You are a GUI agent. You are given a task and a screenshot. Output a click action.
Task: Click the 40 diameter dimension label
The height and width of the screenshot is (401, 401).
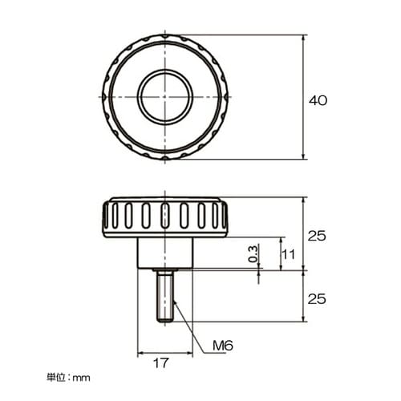coord(318,100)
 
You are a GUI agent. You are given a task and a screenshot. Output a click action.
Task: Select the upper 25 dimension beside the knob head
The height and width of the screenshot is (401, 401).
coord(317,236)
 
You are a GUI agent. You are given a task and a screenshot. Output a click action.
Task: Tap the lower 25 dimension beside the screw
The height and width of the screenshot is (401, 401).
coord(317,299)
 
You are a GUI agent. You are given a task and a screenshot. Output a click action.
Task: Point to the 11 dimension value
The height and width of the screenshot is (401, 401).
coord(289,254)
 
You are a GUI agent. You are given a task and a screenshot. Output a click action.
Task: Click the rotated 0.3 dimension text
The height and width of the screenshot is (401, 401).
coord(253,253)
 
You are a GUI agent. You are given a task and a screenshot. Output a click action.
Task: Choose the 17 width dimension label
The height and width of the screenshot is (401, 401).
coord(161,363)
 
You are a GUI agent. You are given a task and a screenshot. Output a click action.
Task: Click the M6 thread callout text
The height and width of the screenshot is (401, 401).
coord(223,346)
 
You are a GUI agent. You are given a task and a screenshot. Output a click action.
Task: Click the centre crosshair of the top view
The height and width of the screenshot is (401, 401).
coord(165,97)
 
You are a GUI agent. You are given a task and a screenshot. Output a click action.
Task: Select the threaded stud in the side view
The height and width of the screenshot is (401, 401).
coord(165,296)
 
